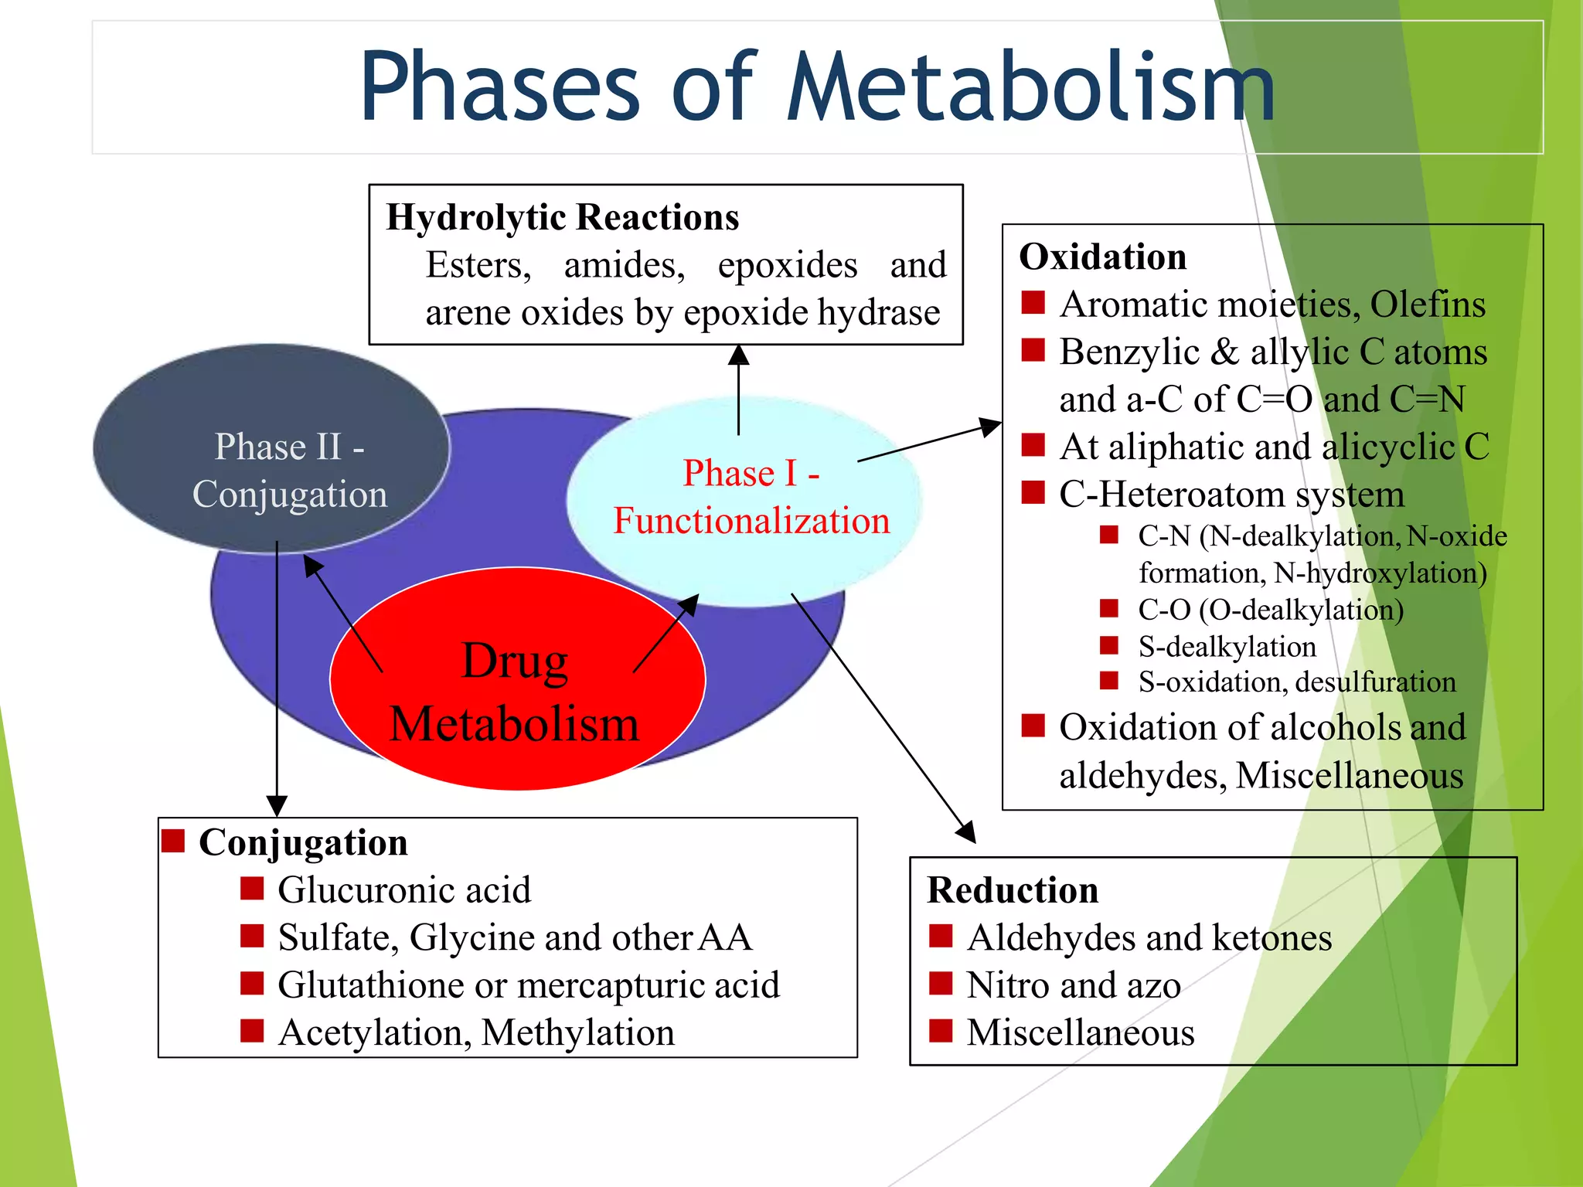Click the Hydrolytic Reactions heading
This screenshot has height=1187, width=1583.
click(562, 217)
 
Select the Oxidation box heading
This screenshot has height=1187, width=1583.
click(1102, 257)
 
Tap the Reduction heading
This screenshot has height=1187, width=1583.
click(1012, 890)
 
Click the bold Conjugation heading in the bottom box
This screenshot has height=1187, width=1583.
click(303, 842)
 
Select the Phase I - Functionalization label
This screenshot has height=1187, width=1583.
click(751, 497)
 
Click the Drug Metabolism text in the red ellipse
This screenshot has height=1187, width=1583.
click(515, 692)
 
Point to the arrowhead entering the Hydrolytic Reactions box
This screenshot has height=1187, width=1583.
click(739, 355)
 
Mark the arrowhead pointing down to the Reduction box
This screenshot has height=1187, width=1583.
click(967, 833)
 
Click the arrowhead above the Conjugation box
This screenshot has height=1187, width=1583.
click(277, 806)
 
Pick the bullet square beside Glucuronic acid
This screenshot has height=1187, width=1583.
click(252, 889)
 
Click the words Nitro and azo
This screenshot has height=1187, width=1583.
click(1073, 985)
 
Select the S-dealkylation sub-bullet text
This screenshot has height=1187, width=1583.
click(1227, 646)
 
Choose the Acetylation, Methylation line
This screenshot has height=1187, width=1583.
click(476, 1032)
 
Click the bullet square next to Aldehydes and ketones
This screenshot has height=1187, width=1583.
click(941, 937)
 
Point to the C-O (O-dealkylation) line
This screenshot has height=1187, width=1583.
click(1270, 610)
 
